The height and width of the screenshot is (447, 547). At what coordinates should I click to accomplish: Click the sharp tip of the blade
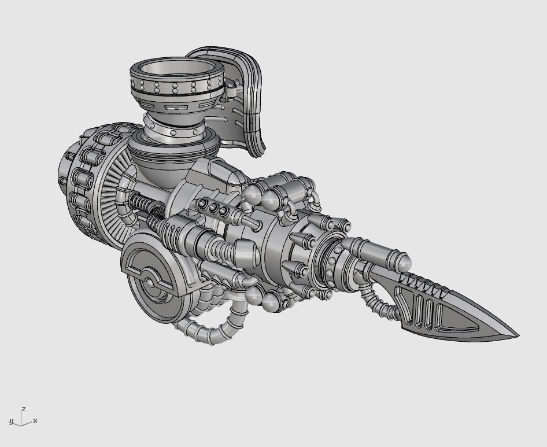[517, 335]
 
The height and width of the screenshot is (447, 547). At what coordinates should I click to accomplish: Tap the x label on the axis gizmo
[35, 420]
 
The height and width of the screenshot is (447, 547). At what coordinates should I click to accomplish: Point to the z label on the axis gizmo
[23, 409]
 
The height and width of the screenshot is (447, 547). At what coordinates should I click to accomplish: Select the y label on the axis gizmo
[10, 420]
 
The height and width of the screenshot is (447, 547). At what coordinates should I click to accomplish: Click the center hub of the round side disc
[151, 283]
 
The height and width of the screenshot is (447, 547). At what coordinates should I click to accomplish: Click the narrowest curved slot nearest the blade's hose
[414, 313]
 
